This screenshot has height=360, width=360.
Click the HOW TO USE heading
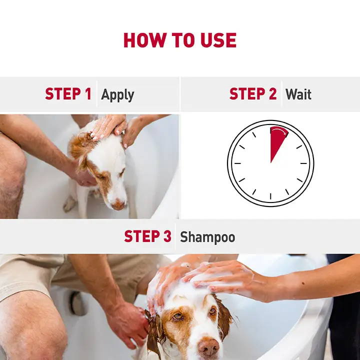[180, 40]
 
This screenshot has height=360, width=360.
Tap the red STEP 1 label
[68, 94]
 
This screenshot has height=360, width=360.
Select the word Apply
[117, 94]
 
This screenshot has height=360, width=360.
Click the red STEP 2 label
[252, 94]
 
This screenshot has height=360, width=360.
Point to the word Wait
[298, 94]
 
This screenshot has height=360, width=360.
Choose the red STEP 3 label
[147, 236]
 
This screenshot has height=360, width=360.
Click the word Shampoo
[207, 236]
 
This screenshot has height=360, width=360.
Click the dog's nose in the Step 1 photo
[118, 204]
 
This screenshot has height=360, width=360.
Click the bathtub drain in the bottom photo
[77, 303]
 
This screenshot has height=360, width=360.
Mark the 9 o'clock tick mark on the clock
[237, 163]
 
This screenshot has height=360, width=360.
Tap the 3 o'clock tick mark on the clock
[304, 163]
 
